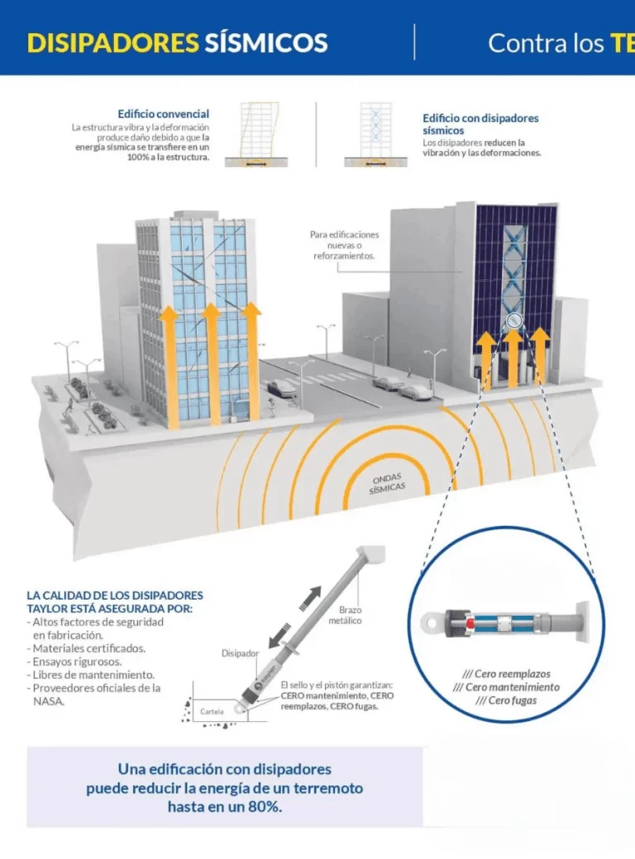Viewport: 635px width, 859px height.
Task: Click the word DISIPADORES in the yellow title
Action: point(112,43)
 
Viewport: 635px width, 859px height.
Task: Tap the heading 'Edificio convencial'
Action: point(164,114)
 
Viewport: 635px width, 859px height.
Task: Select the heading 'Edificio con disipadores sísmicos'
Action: point(480,124)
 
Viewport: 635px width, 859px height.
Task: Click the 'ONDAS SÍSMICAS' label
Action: point(387,483)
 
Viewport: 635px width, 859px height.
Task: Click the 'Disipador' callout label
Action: point(240,653)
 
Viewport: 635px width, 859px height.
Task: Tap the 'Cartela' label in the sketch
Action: point(212,712)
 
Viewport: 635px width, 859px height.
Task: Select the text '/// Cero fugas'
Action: point(506,700)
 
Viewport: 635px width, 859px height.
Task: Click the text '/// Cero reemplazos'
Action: point(506,674)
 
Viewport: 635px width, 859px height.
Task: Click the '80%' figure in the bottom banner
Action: point(265,807)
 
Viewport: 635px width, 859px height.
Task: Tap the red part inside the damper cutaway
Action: point(470,624)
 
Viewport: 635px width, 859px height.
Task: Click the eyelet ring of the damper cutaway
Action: point(431,623)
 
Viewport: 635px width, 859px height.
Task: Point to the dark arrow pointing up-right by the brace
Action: point(311,598)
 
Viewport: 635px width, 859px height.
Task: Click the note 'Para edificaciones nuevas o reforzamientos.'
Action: point(344,244)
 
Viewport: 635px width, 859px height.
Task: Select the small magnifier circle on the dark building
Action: point(513,320)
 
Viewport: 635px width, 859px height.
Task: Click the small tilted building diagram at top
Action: point(258,134)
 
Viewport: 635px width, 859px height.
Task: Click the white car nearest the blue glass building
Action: point(283,388)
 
